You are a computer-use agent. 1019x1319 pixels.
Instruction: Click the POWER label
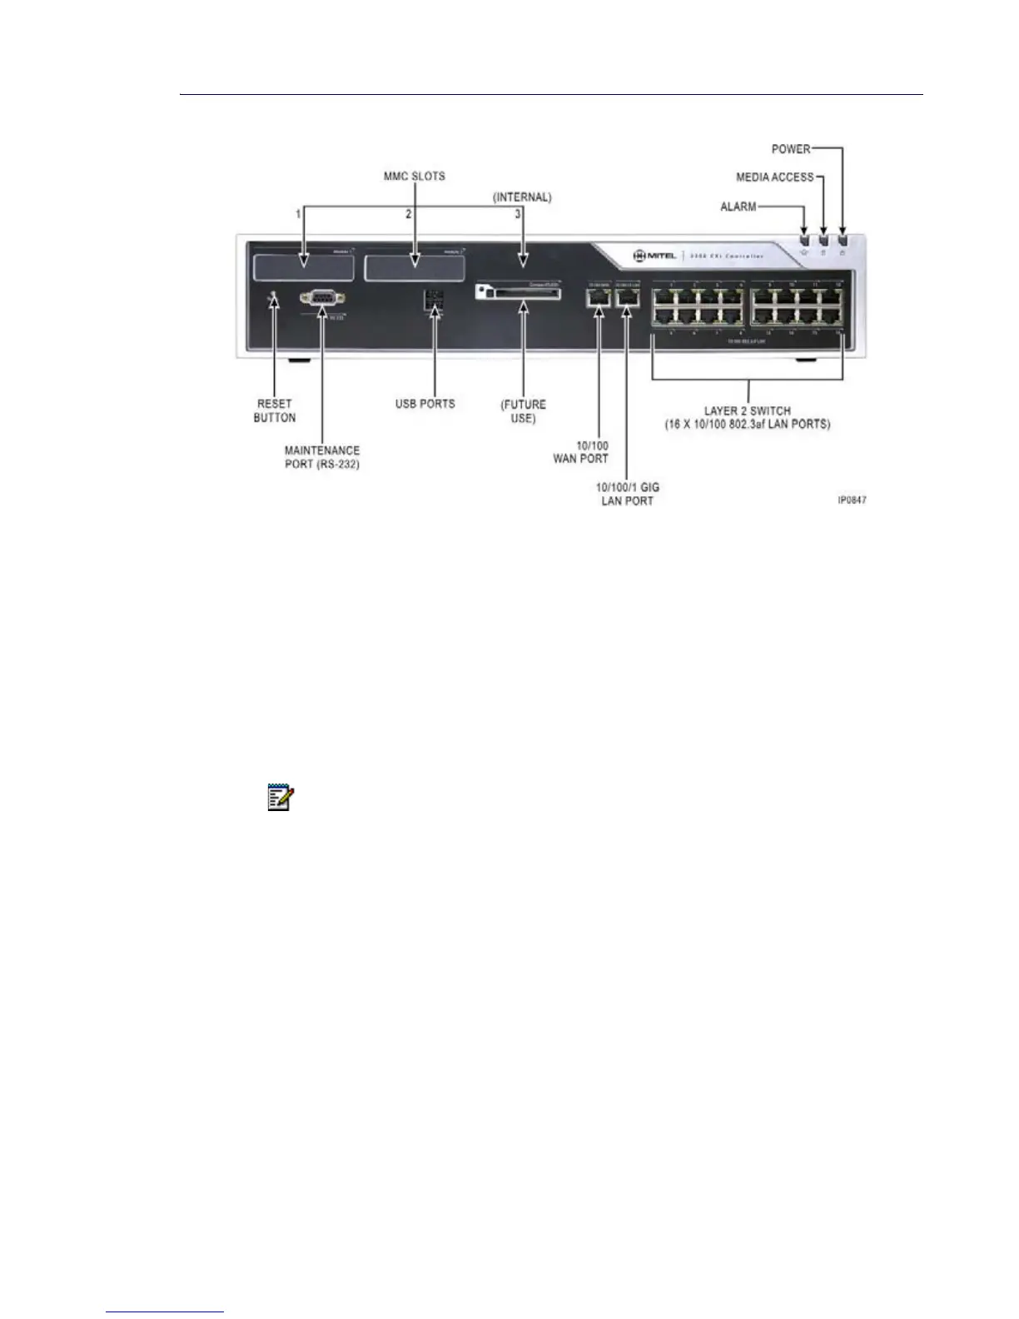(790, 149)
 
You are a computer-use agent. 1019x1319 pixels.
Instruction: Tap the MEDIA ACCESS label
(774, 177)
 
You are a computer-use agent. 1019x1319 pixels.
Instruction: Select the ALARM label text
(738, 207)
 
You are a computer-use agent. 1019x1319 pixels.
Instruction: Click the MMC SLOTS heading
(414, 177)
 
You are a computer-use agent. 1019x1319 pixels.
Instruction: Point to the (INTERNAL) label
(522, 197)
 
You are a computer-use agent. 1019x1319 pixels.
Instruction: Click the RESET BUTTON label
(275, 411)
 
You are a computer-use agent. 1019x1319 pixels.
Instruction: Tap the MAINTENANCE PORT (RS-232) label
(322, 457)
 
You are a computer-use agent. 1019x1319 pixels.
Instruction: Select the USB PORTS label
(425, 404)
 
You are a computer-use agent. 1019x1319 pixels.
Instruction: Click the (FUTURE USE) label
(523, 411)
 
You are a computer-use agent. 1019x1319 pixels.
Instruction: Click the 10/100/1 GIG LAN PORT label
(628, 494)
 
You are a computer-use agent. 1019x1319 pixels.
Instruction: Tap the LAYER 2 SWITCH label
(747, 417)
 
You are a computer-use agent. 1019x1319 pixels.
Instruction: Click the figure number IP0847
(852, 500)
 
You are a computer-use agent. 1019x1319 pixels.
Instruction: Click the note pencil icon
(280, 798)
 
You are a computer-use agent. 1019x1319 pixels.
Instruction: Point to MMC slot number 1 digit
(298, 214)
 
